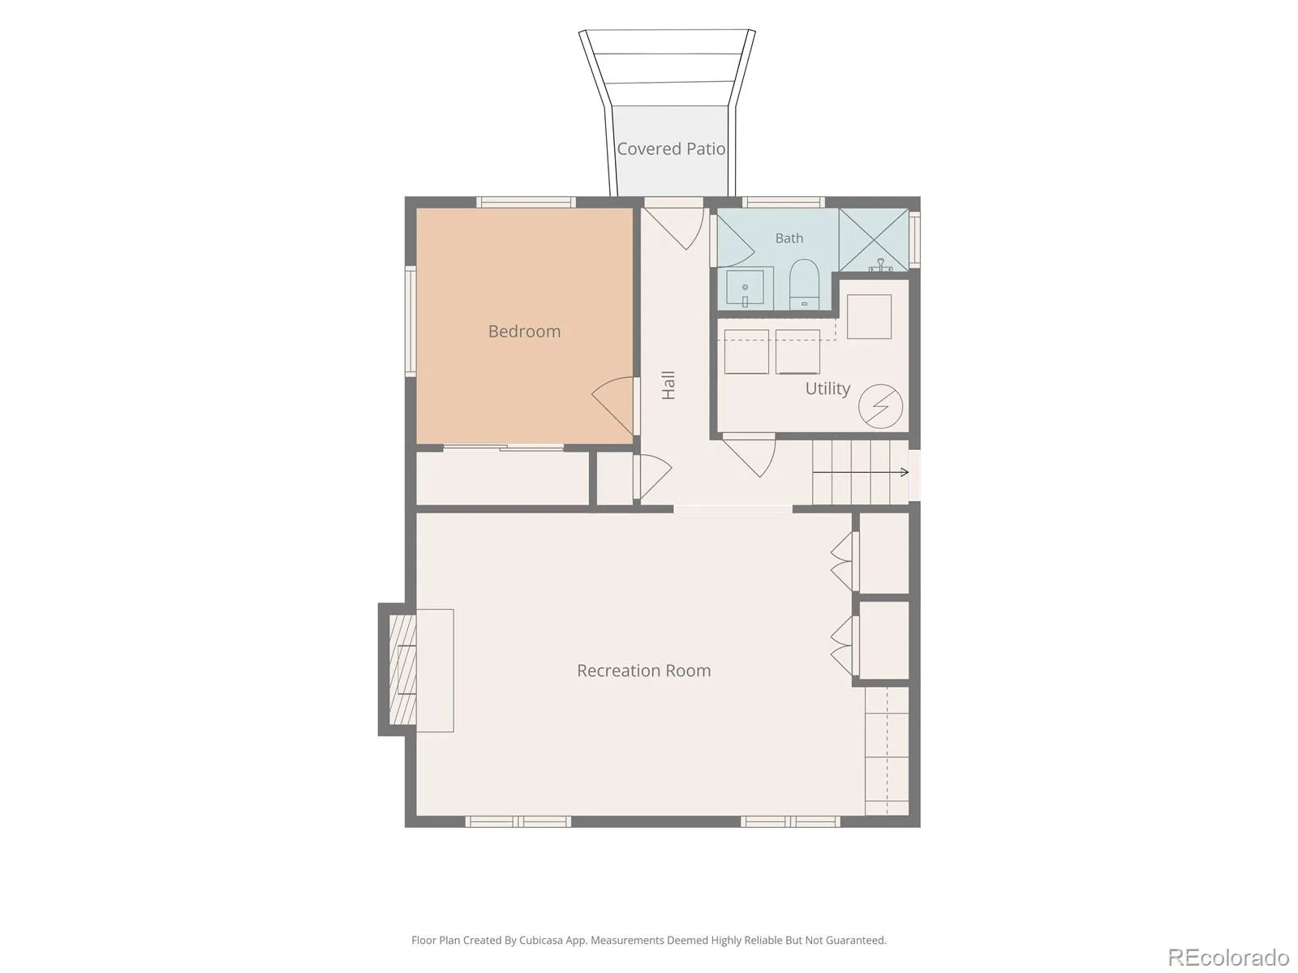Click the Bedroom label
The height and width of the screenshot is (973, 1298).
[x=524, y=332]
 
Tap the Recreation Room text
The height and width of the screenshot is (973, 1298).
[x=643, y=671]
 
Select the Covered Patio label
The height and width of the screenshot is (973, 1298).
[x=671, y=149]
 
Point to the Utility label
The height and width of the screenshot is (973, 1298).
[x=827, y=388]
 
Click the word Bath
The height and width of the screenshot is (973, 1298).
[x=789, y=238]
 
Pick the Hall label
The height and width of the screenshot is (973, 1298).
[x=668, y=385]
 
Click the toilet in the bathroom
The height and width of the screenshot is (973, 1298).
[x=804, y=284]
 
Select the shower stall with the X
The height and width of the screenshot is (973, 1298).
[x=874, y=240]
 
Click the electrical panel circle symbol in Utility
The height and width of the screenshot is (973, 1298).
[x=880, y=406]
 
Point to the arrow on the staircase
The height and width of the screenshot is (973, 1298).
[x=861, y=472]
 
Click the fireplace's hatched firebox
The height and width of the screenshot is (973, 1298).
[x=402, y=670]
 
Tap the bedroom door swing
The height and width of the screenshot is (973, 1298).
[x=613, y=406]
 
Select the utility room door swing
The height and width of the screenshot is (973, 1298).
[x=750, y=455]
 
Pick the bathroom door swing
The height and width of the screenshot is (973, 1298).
[x=736, y=241]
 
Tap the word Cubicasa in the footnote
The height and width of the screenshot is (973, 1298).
[x=540, y=940]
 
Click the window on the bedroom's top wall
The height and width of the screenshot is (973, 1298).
[x=526, y=202]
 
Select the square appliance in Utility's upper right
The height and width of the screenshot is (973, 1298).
[x=869, y=317]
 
